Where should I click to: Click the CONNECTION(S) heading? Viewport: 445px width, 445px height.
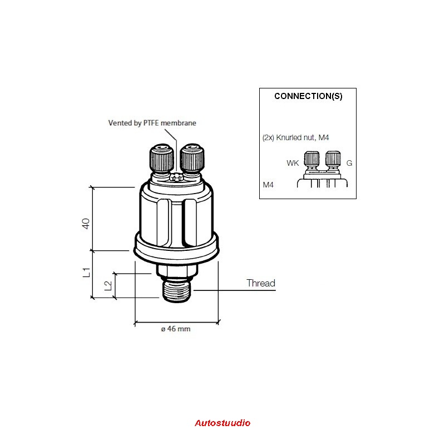pyautogui.click(x=308, y=96)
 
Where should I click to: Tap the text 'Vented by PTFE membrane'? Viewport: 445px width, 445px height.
pyautogui.click(x=152, y=123)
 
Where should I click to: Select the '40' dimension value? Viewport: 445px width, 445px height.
pyautogui.click(x=86, y=224)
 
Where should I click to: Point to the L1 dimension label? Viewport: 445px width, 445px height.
pyautogui.click(x=86, y=273)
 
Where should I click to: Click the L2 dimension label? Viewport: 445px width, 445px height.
pyautogui.click(x=108, y=286)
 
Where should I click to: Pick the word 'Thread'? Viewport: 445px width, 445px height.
pyautogui.click(x=261, y=283)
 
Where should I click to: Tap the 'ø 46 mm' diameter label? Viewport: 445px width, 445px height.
pyautogui.click(x=176, y=329)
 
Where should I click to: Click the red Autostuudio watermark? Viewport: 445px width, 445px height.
pyautogui.click(x=222, y=423)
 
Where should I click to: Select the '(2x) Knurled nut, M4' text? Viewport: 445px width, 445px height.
pyautogui.click(x=295, y=137)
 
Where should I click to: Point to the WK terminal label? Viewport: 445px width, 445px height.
pyautogui.click(x=293, y=163)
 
